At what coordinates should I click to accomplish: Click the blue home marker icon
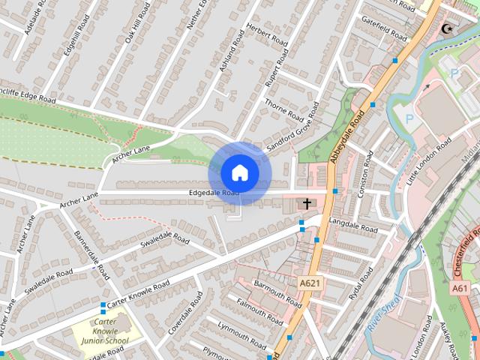click(239, 172)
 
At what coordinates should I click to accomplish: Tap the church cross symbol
click(307, 202)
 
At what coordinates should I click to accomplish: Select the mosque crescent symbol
click(448, 29)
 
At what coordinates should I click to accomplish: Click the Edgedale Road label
click(214, 193)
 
